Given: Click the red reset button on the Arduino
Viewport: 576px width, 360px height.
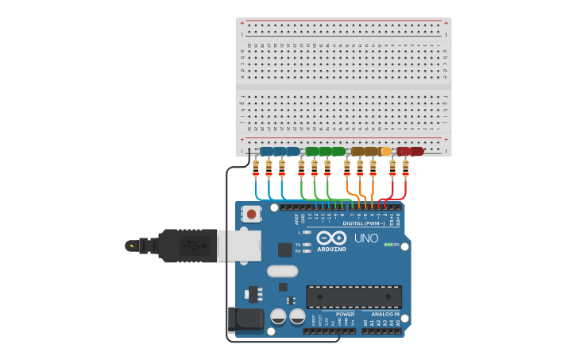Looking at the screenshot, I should point(252,213).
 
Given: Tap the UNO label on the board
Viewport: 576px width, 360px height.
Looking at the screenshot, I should point(366,238).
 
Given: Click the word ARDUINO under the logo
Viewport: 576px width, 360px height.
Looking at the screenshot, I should point(331,249).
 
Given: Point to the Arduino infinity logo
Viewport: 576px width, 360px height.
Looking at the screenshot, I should point(331,238).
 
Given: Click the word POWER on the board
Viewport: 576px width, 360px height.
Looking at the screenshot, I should point(345,314).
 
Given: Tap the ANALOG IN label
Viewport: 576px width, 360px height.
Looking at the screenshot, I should point(386,314).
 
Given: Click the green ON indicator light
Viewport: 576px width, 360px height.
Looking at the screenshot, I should point(387,244).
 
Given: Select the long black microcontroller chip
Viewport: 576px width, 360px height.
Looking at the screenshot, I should point(354,296).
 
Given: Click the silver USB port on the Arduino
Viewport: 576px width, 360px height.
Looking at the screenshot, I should point(238,246).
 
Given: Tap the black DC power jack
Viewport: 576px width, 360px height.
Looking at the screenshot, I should point(245,319).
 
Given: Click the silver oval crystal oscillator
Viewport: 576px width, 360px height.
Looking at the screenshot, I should point(282,271).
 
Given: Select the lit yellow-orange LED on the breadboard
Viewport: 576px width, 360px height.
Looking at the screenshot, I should point(386,151).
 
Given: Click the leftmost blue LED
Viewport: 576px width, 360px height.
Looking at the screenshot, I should point(267,151).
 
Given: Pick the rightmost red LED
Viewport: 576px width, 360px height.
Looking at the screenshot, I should point(417,151).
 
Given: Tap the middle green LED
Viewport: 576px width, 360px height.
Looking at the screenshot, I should point(326,151).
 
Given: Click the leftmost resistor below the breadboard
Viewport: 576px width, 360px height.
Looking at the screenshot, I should point(256,168).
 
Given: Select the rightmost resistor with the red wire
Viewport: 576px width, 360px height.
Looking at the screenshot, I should point(405,168).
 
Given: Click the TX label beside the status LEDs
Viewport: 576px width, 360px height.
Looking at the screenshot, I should point(297,244).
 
